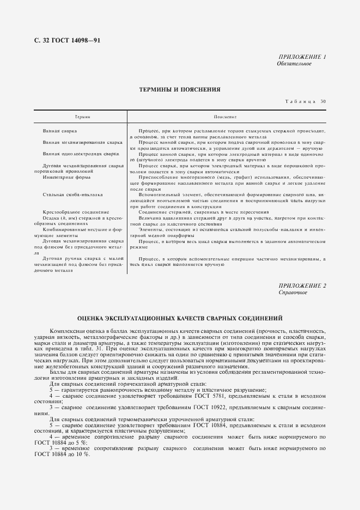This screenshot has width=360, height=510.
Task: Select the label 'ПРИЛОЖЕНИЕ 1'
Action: pyautogui.click(x=302, y=57)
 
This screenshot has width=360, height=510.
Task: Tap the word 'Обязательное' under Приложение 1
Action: pyautogui.click(x=294, y=64)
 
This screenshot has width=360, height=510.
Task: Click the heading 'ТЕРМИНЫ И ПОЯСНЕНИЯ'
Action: pyautogui.click(x=180, y=89)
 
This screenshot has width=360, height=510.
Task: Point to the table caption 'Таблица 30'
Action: pyautogui.click(x=306, y=102)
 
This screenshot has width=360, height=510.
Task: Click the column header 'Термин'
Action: pyautogui.click(x=82, y=117)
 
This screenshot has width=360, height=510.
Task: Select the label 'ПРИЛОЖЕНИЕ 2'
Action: pyautogui.click(x=302, y=286)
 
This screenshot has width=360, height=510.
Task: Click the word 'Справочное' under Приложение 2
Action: pyautogui.click(x=292, y=293)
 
